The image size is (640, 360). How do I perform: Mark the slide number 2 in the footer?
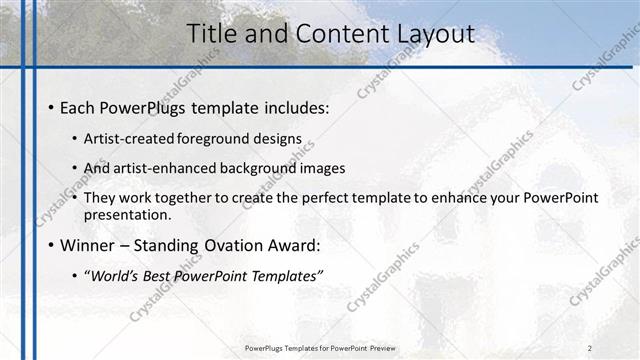coord(590,348)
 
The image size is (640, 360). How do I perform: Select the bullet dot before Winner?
coord(51,244)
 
